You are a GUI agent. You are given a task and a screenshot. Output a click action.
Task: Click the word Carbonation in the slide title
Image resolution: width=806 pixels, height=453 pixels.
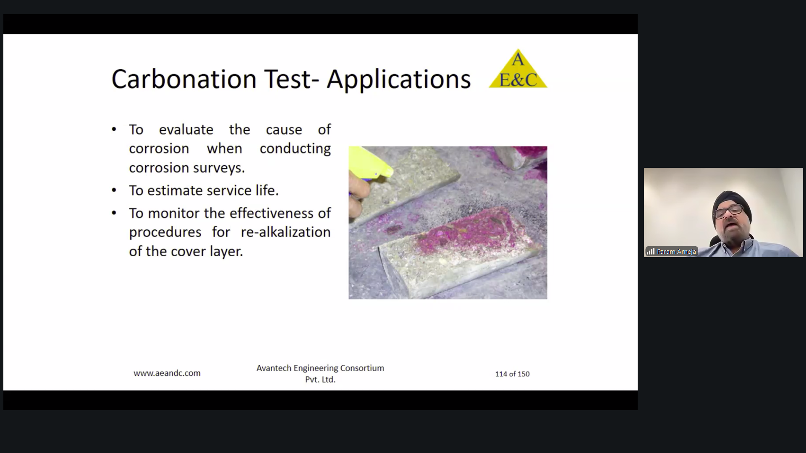[x=184, y=79]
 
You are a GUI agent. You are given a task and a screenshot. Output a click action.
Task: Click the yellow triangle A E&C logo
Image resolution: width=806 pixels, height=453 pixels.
[x=518, y=69]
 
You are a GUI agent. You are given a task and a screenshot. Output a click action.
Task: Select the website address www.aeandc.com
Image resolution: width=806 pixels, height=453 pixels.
[x=167, y=373]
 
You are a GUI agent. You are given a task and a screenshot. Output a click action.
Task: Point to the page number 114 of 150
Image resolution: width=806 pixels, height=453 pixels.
[x=512, y=374]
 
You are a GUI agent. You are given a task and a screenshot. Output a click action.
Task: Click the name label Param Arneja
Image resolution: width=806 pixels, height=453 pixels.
[x=676, y=252]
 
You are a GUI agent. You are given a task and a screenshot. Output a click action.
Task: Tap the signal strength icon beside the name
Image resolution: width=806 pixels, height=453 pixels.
[x=651, y=252]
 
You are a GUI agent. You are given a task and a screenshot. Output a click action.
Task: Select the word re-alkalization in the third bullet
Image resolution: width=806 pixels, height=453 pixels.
[x=285, y=232]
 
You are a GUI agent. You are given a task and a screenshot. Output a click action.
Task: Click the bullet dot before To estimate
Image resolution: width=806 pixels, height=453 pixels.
[x=114, y=190]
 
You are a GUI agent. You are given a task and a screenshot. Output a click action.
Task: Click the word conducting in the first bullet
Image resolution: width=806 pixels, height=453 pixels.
[x=295, y=149]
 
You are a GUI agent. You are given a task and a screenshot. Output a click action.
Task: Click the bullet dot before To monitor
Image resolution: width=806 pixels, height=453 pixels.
[x=114, y=213]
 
